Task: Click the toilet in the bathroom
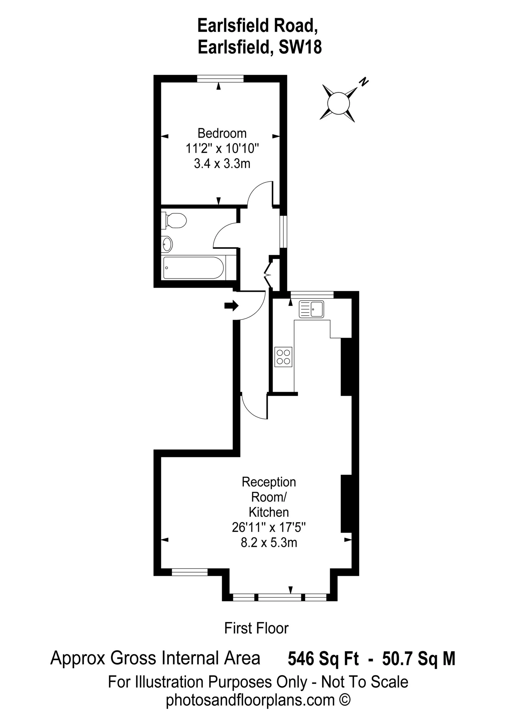coord(175,220)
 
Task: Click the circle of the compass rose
coord(338,103)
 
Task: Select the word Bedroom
coord(222,134)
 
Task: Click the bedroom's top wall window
coord(220,79)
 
